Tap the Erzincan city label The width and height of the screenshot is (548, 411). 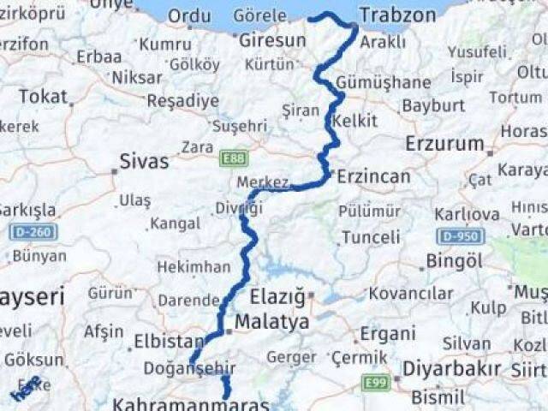[x=373, y=176]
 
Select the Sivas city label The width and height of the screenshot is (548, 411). [x=144, y=161]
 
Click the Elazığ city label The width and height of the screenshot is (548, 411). [x=277, y=298]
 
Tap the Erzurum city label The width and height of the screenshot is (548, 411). [x=444, y=143]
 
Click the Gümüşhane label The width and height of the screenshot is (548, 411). [x=384, y=83]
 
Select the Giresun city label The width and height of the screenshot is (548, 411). [x=272, y=40]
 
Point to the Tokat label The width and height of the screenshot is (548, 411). [x=42, y=97]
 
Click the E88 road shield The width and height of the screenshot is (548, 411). [x=233, y=158]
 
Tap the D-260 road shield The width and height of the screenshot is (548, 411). [x=31, y=231]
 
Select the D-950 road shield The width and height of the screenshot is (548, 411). [x=461, y=235]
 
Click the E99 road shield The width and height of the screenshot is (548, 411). [x=375, y=382]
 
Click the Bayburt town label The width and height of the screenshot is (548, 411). [x=433, y=105]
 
